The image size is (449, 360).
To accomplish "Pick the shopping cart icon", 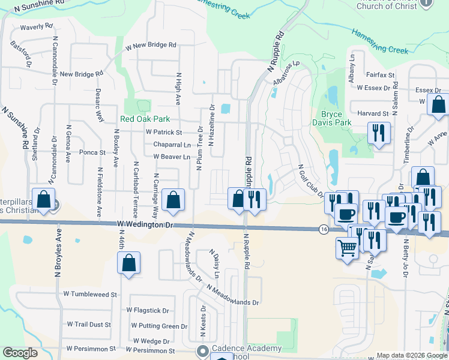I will (348, 247).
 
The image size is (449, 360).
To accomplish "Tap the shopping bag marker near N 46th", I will (128, 263).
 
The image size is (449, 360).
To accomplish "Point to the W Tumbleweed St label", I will (89, 295).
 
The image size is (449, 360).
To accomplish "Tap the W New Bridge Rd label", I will (151, 45).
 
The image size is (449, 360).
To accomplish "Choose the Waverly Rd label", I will (36, 28).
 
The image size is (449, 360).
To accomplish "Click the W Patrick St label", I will (163, 132).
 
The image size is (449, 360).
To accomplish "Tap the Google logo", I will (20, 353).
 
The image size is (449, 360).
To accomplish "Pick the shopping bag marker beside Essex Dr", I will (438, 103).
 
